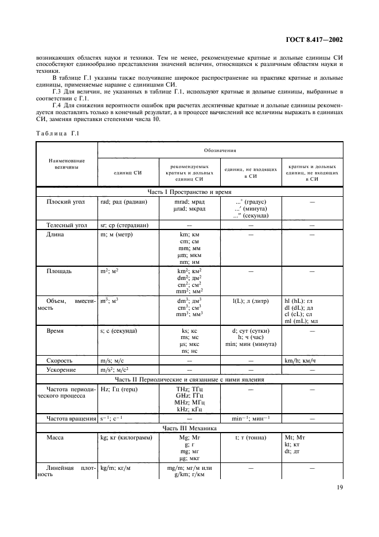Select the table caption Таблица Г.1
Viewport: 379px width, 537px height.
tap(57, 133)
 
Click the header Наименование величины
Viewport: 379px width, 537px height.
tap(67, 165)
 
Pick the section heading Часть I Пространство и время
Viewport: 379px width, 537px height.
tap(189, 192)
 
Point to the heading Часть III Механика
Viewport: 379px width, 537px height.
tap(189, 428)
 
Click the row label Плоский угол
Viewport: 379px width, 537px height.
tap(64, 202)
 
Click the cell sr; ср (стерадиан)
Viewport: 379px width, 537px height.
tap(124, 225)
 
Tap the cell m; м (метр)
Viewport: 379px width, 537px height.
tap(118, 235)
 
